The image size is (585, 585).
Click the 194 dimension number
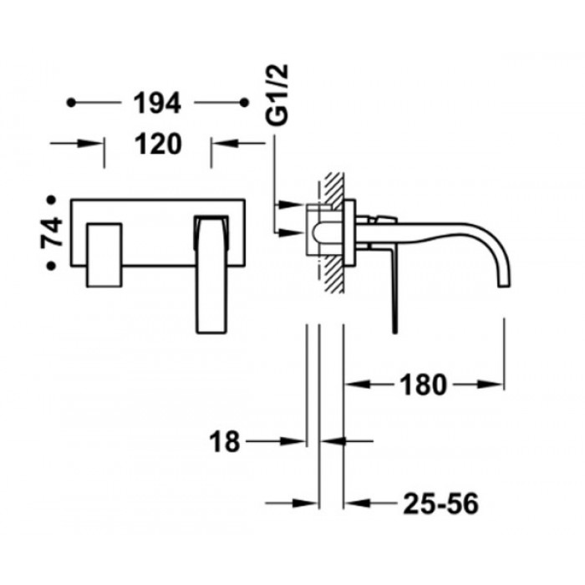pos(157,103)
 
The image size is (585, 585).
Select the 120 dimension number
pos(158,144)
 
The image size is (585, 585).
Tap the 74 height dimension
pos(52,232)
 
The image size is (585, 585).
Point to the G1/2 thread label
pos(277,94)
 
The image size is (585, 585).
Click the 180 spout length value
pos(423,384)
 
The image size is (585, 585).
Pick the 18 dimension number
pos(224,441)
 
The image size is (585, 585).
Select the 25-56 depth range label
pos(440,504)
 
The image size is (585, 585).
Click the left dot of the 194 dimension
pos(71,103)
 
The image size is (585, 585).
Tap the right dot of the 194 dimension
pos(244,103)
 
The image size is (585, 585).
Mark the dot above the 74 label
pos(51,200)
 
